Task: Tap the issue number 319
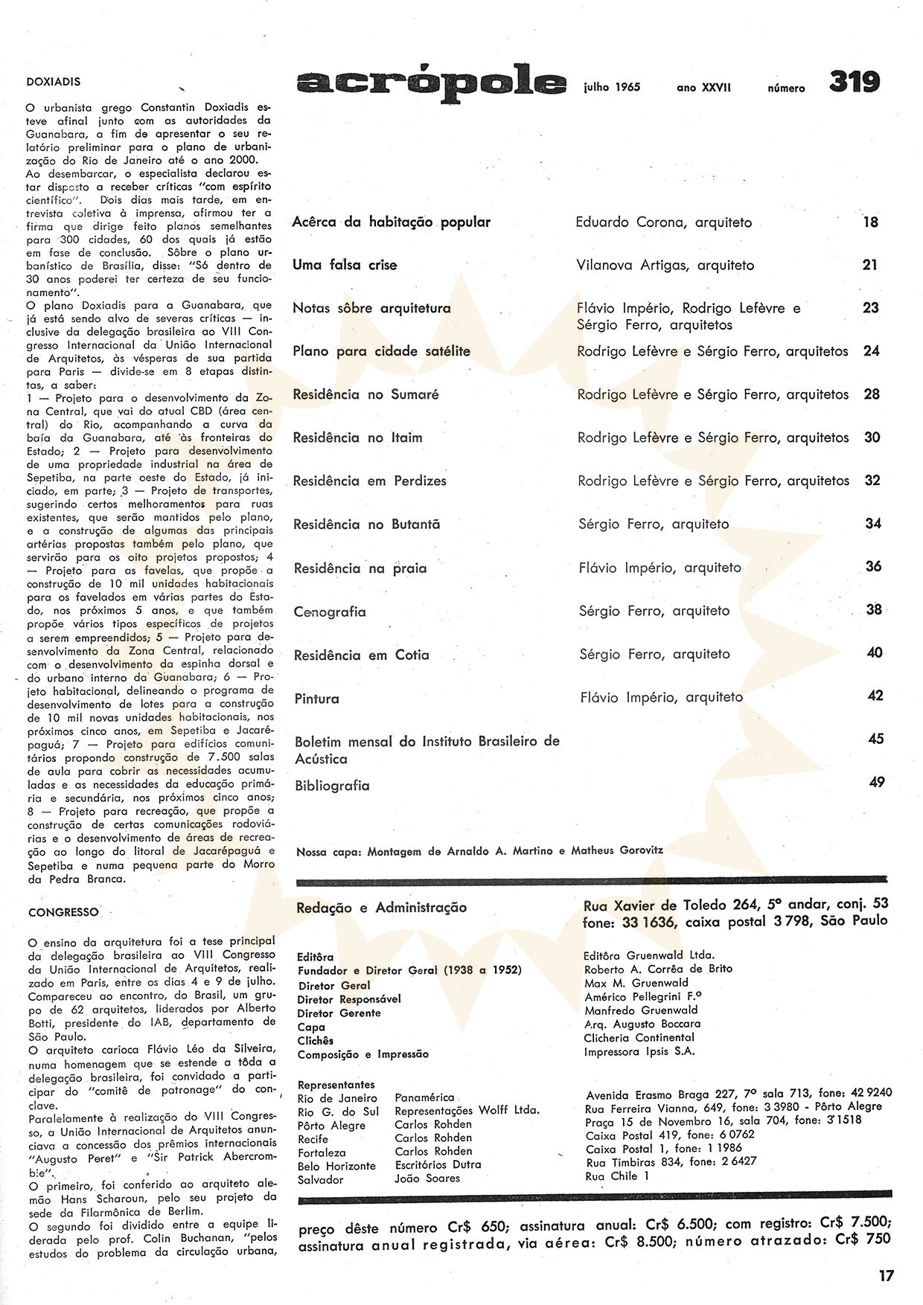(x=855, y=83)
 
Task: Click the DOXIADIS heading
(x=54, y=82)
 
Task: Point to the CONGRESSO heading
(x=63, y=911)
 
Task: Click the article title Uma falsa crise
(x=345, y=265)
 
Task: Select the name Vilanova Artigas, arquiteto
(x=665, y=265)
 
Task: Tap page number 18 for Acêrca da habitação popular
(x=870, y=222)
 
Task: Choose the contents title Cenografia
(x=330, y=612)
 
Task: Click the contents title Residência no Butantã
(x=366, y=525)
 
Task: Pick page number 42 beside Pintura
(x=875, y=696)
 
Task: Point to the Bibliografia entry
(x=332, y=786)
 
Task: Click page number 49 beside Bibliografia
(x=876, y=782)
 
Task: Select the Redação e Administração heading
(x=381, y=908)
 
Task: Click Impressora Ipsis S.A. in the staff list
(x=639, y=1051)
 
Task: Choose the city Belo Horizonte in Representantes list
(x=336, y=1166)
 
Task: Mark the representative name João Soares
(x=427, y=1179)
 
